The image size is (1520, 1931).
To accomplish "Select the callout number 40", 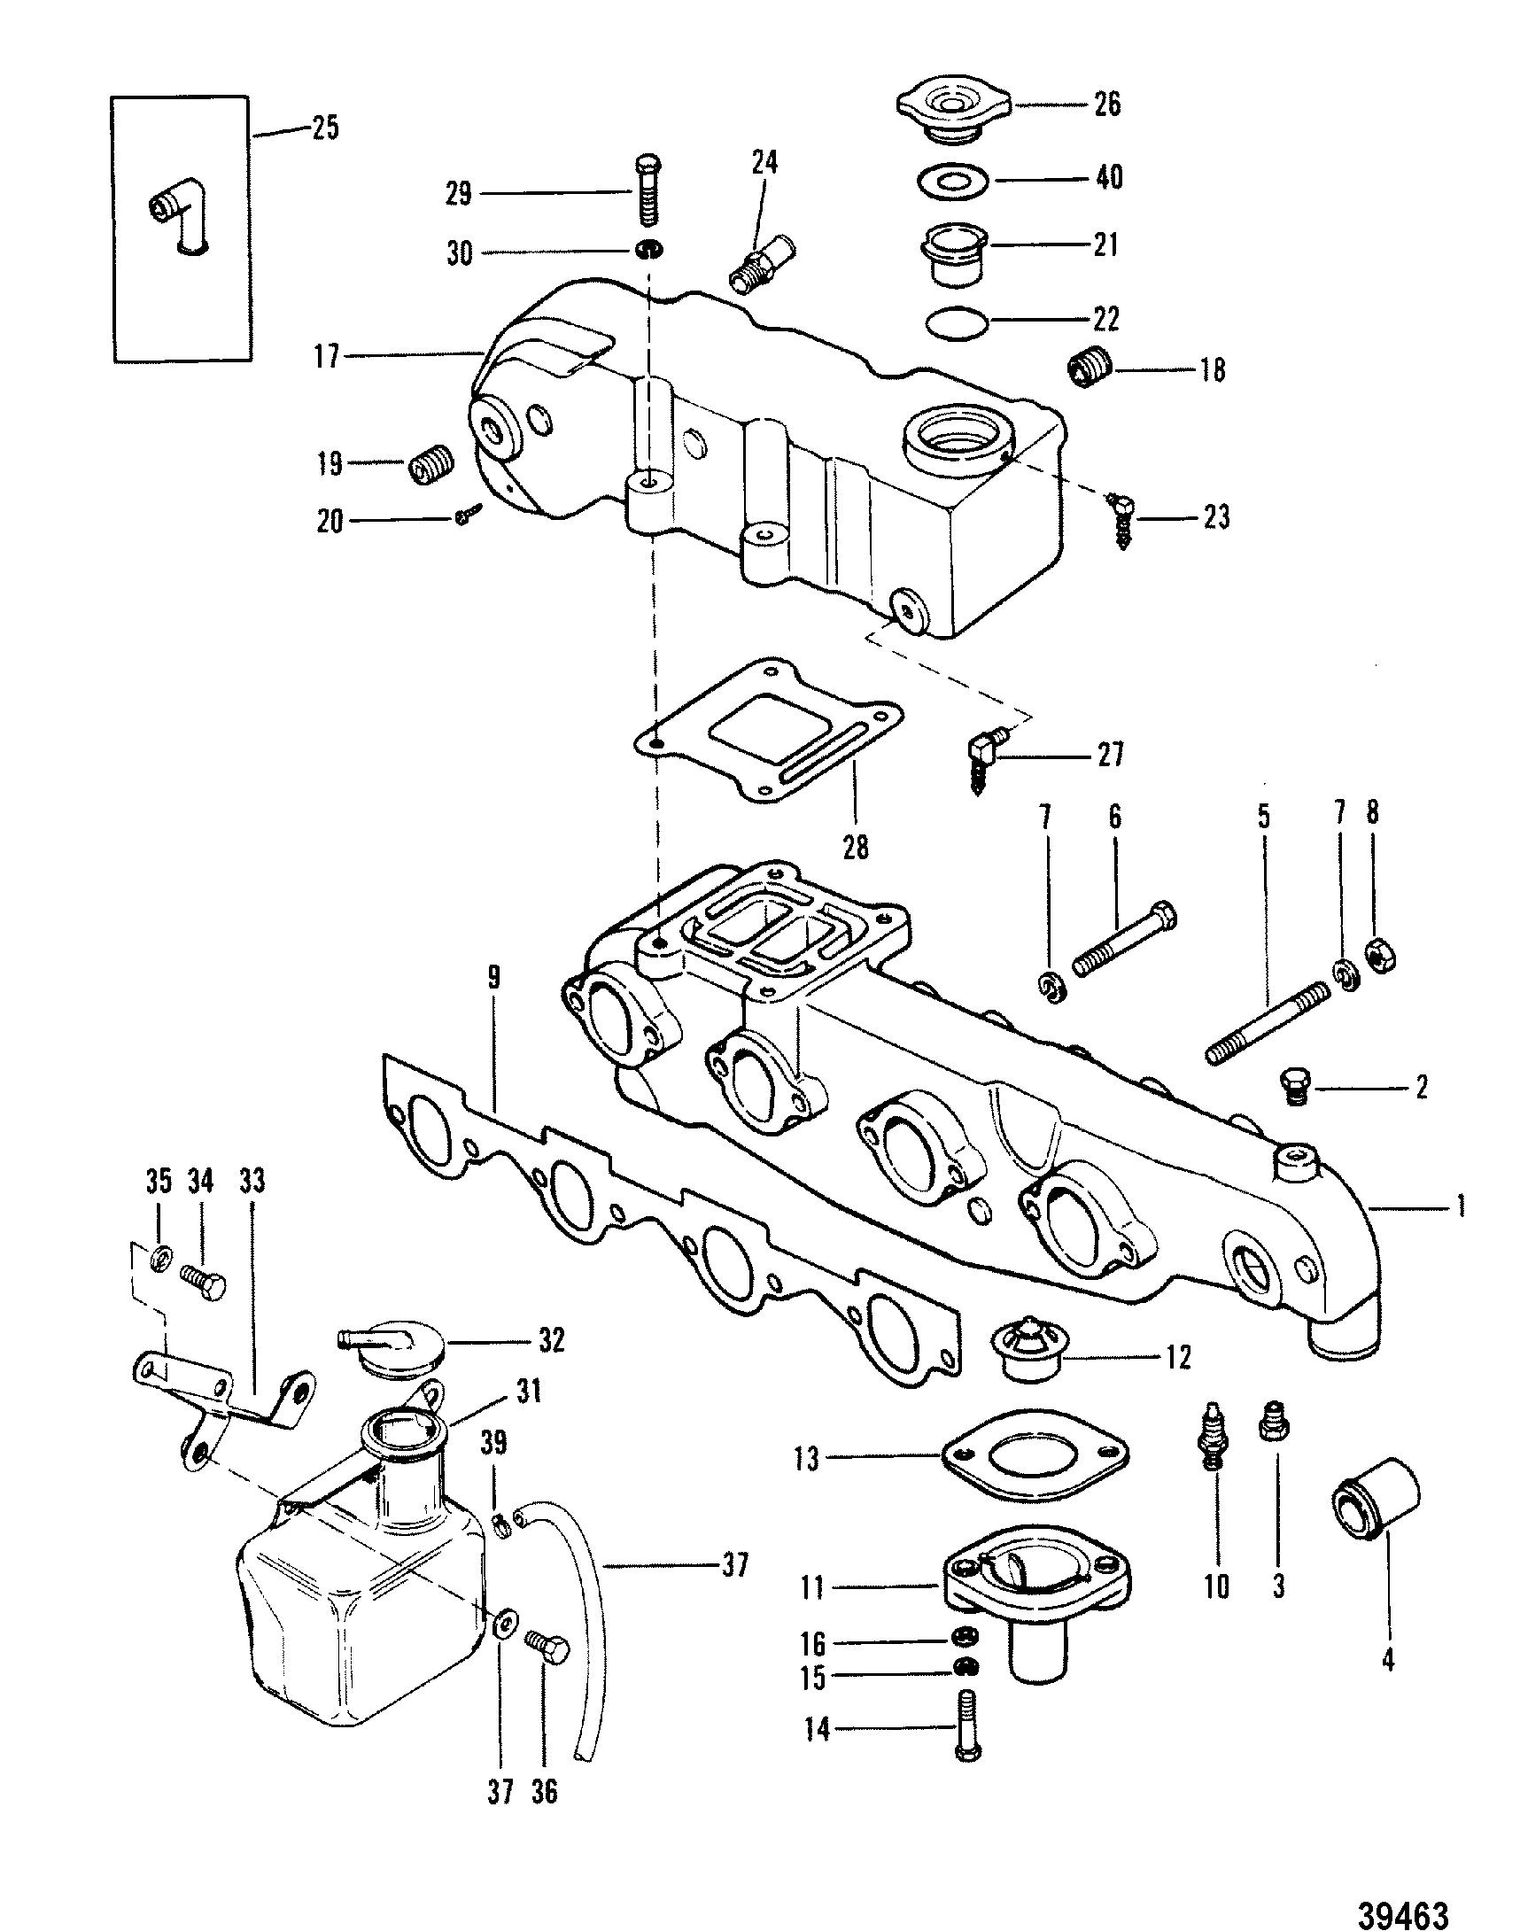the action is [x=1108, y=177].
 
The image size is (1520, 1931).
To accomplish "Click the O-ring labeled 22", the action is [x=958, y=322].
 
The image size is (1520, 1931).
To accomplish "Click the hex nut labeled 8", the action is [x=1379, y=956].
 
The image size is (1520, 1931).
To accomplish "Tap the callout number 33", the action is [x=252, y=1183].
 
